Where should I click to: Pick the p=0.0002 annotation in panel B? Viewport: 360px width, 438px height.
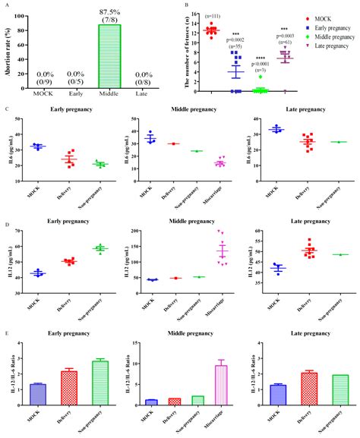(237, 42)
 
